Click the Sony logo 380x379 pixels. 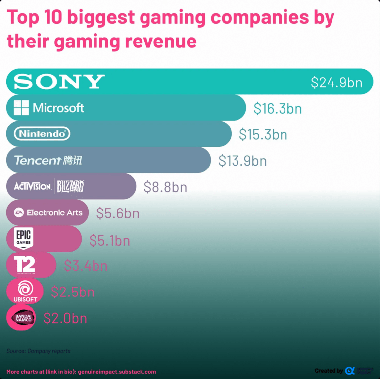coord(59,82)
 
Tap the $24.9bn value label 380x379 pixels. coord(336,82)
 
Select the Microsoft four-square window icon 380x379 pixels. coord(21,108)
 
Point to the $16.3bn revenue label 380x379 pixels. coord(278,108)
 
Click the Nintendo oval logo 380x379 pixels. coord(42,134)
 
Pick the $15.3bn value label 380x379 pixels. coord(263,134)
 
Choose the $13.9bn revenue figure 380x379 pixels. coord(242,161)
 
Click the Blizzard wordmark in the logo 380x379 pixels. coord(70,186)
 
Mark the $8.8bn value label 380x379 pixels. coord(165,187)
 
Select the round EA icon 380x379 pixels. coord(19,212)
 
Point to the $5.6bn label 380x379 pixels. coord(118,213)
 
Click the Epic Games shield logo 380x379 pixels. coord(23,239)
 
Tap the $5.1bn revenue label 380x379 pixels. coord(110,240)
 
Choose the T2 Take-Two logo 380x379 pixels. coord(24,265)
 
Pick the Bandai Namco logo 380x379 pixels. coord(21,317)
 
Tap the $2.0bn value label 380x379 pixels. coord(65,318)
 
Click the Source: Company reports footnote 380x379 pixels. coord(39,351)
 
